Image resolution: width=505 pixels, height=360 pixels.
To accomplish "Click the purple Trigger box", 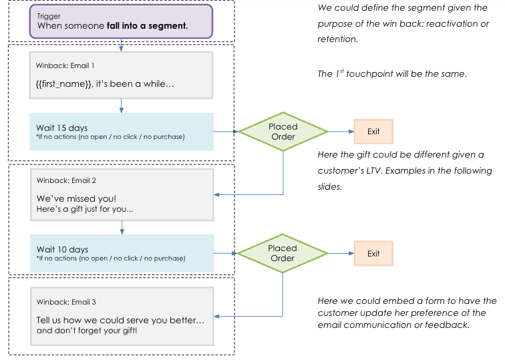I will tap(121, 21).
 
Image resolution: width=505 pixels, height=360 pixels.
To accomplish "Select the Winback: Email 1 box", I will tap(121, 75).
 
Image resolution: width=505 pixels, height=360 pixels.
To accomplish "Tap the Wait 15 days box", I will tap(121, 132).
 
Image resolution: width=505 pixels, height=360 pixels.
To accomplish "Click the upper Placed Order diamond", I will tap(283, 132).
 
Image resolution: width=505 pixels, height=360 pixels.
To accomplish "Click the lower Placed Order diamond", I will tap(283, 253).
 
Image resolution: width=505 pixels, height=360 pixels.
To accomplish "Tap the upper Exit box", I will tap(373, 132).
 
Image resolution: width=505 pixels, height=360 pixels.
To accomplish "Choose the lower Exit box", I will tap(373, 253).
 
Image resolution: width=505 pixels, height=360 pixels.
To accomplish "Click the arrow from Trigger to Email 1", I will tap(121, 45).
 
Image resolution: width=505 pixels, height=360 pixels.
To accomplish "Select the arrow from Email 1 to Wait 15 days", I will tap(121, 105).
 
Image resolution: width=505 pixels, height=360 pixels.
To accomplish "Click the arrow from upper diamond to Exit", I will tap(340, 132).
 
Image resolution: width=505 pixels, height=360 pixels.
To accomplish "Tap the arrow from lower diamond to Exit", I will tap(340, 253).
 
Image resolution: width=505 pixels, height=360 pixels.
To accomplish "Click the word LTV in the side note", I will tap(373, 171).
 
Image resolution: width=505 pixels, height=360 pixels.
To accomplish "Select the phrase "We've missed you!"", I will tap(76, 198).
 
